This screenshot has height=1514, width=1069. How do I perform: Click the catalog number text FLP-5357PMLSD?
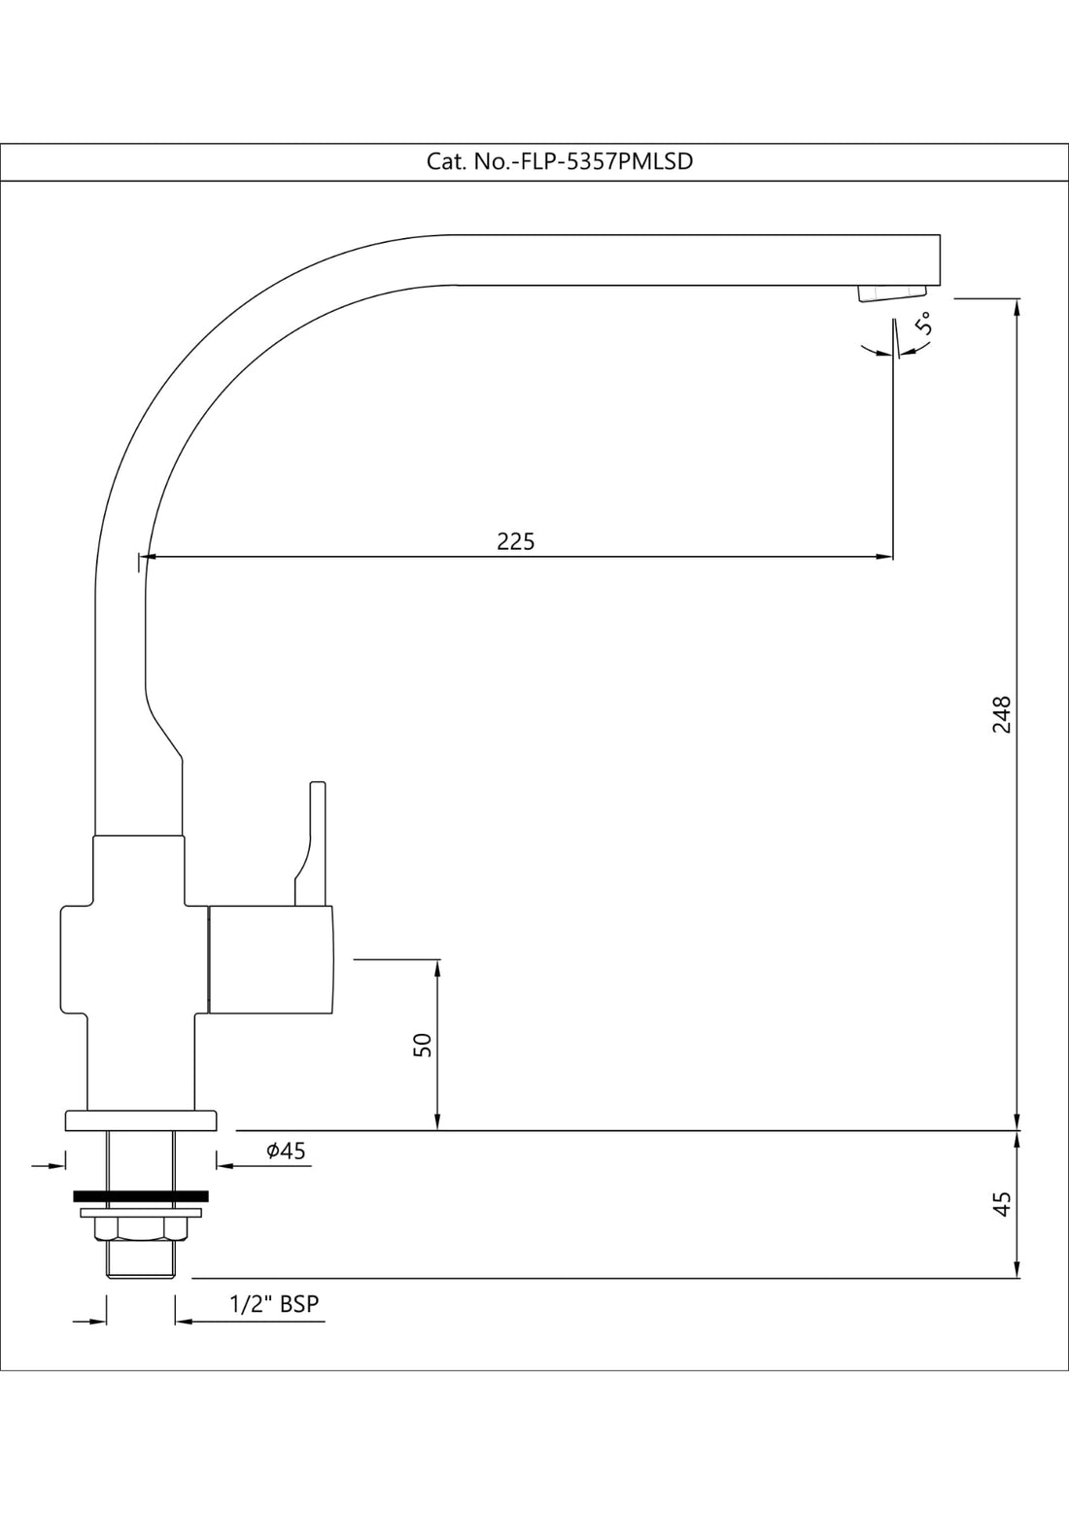560,162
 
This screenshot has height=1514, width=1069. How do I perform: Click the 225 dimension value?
516,541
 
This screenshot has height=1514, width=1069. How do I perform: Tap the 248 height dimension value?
1001,714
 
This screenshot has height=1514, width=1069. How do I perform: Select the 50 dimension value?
422,1045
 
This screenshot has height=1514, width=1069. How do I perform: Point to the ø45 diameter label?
286,1151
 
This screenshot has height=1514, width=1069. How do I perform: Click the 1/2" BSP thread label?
274,1304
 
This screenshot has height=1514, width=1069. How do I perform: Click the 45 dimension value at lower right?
1002,1203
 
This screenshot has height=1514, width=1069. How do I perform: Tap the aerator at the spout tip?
891,293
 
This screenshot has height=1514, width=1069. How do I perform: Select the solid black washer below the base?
142,1195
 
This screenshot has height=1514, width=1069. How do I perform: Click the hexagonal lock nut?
141,1229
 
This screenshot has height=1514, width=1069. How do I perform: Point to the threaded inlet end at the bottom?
141,1261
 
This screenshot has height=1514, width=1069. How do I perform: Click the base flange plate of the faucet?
141,1120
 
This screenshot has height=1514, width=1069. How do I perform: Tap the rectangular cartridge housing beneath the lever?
271,959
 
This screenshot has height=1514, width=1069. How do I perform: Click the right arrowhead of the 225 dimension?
885,557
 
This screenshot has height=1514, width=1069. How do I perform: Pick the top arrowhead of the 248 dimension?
1017,306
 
